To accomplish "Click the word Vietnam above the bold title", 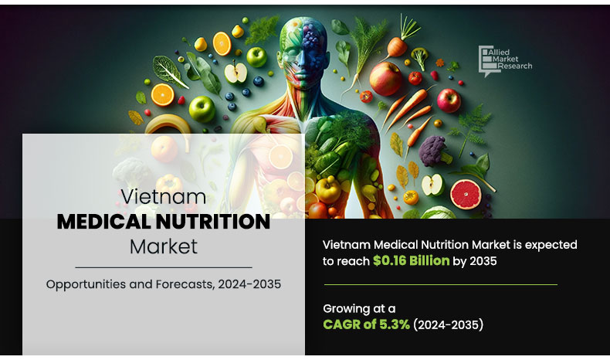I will (163, 197).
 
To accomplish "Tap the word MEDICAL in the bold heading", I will (104, 222).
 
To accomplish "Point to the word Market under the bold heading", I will (163, 247).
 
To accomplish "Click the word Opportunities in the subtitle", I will (86, 284).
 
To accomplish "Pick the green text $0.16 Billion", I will (411, 261).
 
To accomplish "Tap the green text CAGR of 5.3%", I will (366, 324).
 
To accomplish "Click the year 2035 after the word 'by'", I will (481, 261).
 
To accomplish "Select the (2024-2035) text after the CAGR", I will (449, 324).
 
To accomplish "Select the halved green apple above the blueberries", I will (235, 73).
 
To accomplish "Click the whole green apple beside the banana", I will (203, 109).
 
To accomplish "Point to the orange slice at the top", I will (222, 42).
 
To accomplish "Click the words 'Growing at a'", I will (359, 307).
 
